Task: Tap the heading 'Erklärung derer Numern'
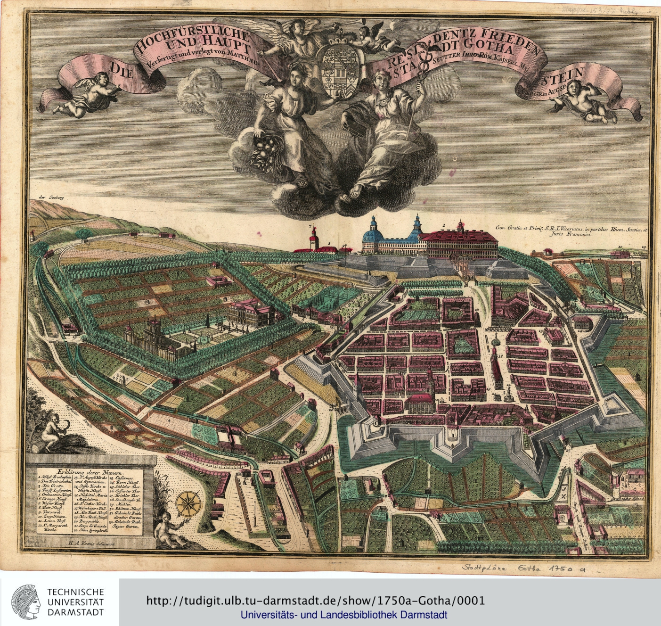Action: [90, 471]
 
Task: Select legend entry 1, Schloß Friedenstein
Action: [55, 477]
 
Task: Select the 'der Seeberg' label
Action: [53, 199]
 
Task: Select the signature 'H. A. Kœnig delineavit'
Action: [94, 543]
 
